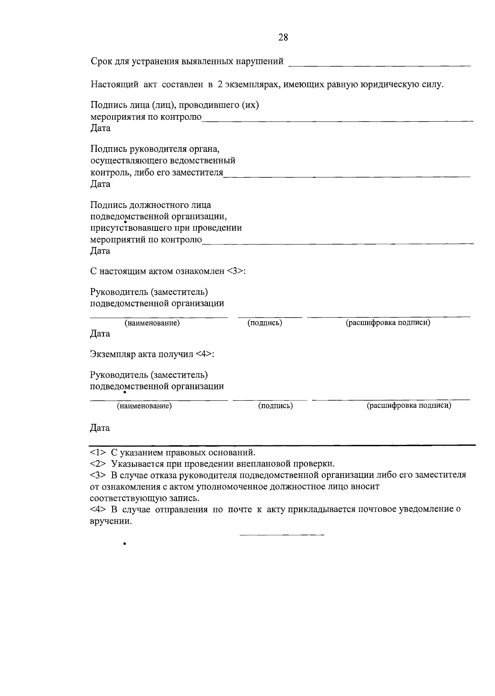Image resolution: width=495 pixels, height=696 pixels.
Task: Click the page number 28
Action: (283, 38)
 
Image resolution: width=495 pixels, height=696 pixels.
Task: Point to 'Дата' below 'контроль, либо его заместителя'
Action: (100, 184)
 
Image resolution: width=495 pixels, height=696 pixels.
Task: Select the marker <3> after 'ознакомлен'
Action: (235, 271)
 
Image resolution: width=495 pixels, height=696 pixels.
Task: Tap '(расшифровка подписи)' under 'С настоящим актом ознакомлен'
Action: (388, 322)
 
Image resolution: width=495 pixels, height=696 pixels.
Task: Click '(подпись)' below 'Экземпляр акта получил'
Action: (276, 406)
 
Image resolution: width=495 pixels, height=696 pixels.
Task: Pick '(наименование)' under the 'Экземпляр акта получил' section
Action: (144, 406)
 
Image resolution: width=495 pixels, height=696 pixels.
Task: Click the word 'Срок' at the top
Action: (101, 62)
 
